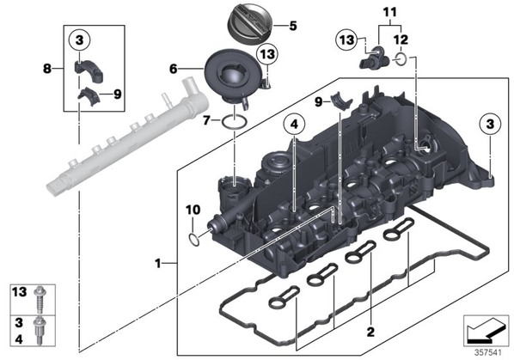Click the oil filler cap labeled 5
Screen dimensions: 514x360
250,22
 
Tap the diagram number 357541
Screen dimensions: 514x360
488,353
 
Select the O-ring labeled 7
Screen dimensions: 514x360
235,122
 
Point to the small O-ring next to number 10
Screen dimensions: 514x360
193,240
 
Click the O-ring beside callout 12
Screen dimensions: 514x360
401,58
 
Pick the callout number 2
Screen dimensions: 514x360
370,332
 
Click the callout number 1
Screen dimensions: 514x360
158,263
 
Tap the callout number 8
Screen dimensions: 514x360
47,69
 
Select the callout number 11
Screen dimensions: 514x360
389,12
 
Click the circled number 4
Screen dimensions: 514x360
294,125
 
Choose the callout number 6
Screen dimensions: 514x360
173,69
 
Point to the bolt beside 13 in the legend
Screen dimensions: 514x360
40,300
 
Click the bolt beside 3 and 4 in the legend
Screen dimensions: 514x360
39,331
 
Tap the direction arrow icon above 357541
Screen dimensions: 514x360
486,332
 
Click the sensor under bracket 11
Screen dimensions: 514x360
375,58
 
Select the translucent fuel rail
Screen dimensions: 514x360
127,137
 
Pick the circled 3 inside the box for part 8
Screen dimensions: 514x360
79,40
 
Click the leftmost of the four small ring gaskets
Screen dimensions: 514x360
284,298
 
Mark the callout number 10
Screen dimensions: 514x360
193,210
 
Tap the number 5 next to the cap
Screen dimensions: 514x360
293,26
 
